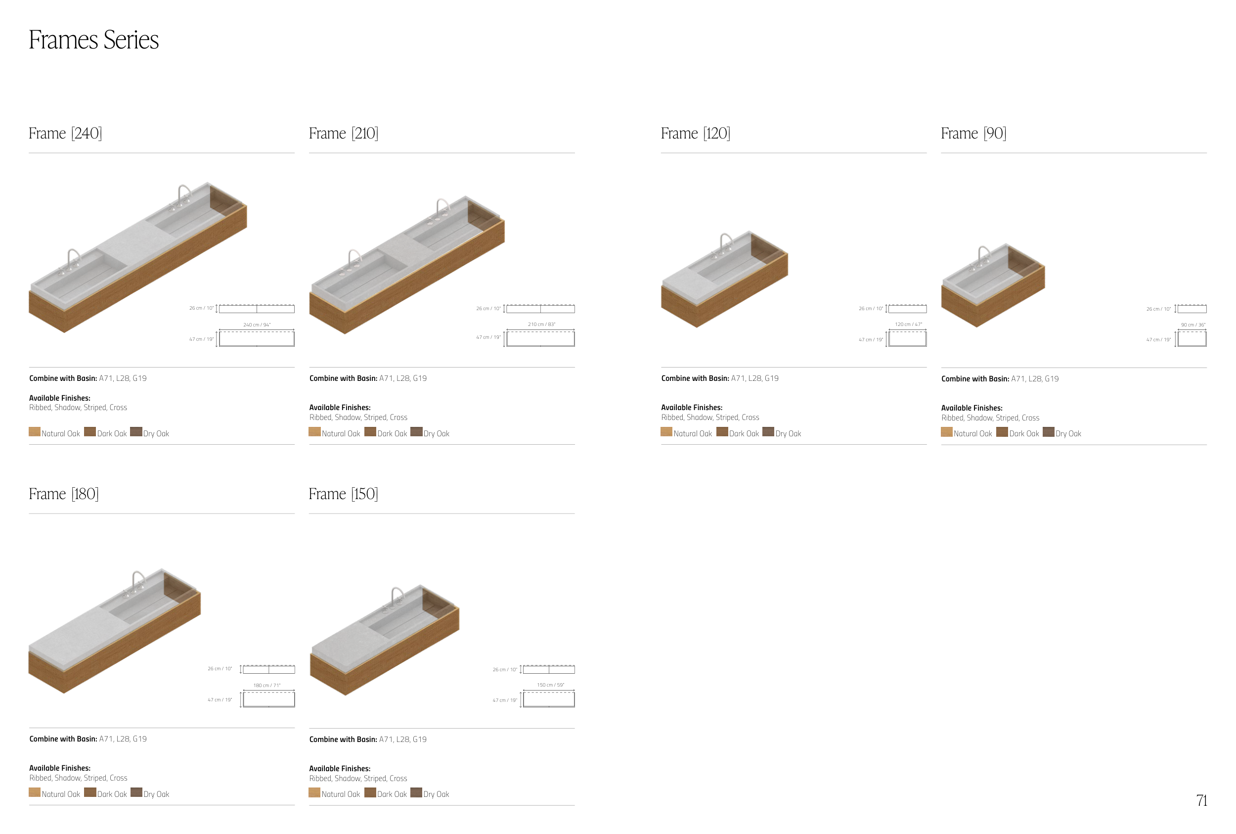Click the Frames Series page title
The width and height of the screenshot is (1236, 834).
pos(93,40)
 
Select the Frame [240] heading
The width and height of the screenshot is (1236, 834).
pos(65,133)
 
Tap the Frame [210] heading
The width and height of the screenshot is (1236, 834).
pos(344,133)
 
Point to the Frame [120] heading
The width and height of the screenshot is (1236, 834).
pos(695,133)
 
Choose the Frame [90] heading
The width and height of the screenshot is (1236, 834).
pos(973,133)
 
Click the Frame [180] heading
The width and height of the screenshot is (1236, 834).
pos(64,494)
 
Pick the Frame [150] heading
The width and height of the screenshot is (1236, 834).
pos(344,494)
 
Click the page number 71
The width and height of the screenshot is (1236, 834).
pos(1201,800)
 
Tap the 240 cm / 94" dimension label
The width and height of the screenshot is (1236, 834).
pos(257,324)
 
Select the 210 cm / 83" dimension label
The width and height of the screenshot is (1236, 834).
pos(541,324)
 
